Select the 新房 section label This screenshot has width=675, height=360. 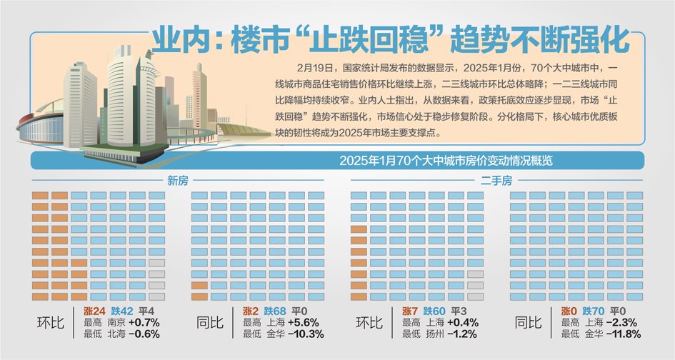point(179,180)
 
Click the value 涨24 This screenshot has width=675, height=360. point(95,311)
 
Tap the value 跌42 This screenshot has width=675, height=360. point(121,311)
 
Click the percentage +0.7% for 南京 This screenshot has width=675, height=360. point(144,322)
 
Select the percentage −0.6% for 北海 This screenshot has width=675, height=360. point(144,334)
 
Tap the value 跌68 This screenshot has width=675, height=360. point(276,311)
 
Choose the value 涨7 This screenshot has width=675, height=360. point(410,311)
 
